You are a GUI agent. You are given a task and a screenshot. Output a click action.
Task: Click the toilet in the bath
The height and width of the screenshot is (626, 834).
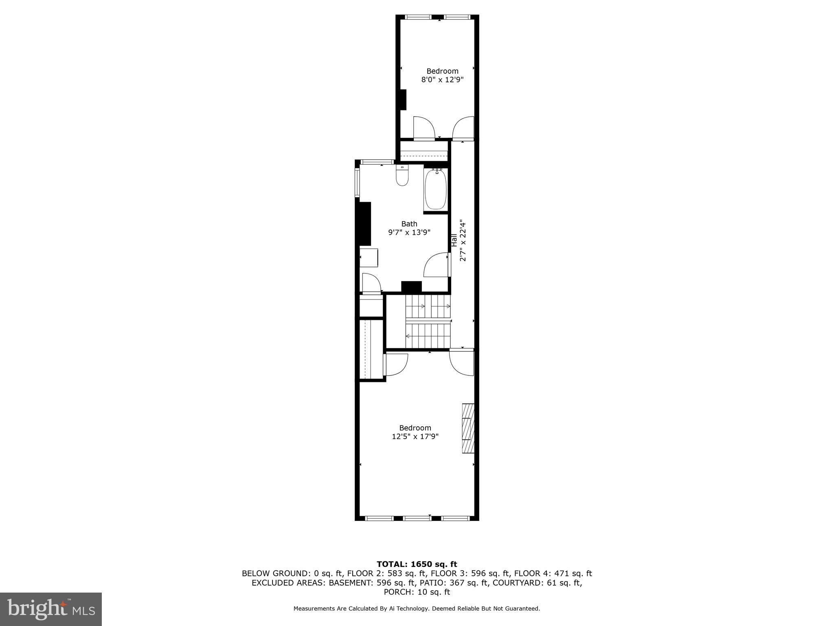pos(402,176)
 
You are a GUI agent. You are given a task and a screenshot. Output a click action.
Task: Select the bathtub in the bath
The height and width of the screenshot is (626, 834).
pos(436,190)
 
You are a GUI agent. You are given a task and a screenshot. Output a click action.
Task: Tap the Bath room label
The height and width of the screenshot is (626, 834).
pos(409,224)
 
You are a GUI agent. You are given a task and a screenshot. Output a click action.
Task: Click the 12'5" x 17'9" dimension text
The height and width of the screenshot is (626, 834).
pos(415,436)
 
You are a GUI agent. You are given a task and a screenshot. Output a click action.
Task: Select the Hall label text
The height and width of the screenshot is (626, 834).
pos(454,240)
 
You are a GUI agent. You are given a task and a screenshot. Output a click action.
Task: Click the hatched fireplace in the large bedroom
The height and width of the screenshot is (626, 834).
pos(468,428)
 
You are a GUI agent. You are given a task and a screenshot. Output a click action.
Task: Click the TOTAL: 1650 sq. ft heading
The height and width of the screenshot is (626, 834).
pos(417,564)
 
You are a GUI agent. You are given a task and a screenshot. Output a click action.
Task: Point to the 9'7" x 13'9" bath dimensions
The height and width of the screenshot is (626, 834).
pos(409,233)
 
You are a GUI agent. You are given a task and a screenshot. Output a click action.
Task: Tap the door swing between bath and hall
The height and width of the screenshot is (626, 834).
pos(437,265)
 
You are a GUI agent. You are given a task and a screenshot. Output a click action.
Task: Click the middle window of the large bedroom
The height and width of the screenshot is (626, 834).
pos(417,518)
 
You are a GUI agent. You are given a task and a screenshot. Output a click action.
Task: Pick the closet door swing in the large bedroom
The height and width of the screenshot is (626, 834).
pos(396,364)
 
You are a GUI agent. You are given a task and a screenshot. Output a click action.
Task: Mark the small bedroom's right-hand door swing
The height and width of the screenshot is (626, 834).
pos(463,128)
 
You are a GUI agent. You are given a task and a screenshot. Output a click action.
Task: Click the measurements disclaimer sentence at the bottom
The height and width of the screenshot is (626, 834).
pos(417,608)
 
